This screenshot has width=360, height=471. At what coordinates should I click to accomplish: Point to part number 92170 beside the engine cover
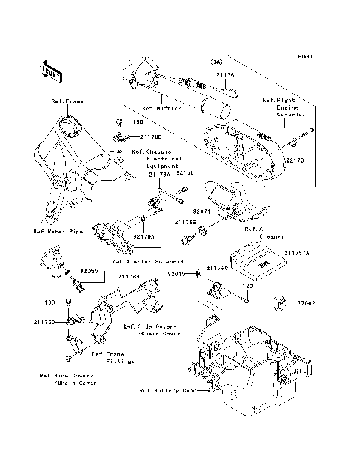294,160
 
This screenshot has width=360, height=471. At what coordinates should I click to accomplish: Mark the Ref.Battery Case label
168,390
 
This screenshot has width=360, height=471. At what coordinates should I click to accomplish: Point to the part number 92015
177,274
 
